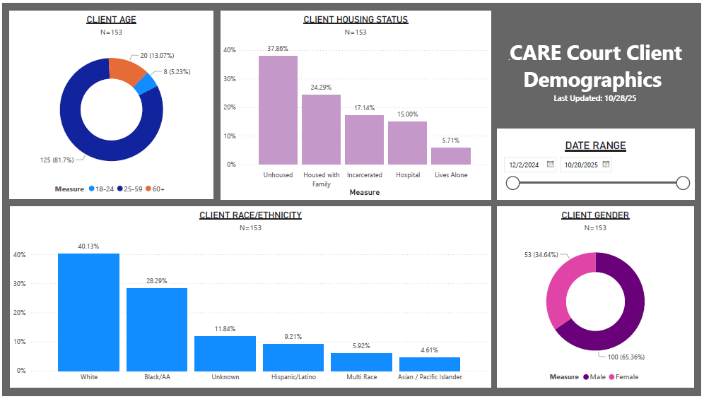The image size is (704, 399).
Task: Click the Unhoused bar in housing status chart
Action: tap(278, 109)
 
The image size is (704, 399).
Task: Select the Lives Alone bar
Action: tap(451, 155)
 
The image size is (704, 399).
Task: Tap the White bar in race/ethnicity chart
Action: tap(88, 311)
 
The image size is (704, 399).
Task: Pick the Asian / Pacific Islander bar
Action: tap(430, 364)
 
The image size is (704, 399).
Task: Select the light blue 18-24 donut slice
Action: tap(146, 84)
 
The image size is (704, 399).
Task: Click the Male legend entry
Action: tap(594, 377)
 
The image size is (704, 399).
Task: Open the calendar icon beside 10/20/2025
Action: tap(606, 165)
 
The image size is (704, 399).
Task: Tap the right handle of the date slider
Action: tap(683, 184)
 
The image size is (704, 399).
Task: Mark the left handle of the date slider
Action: tap(513, 184)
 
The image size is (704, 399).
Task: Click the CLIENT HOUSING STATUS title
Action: tap(356, 20)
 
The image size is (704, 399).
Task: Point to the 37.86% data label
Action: tap(278, 49)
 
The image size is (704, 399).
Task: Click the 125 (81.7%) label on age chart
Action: tap(56, 160)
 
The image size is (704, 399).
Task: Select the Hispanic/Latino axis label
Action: tap(293, 377)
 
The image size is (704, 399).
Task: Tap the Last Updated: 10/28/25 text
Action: tap(595, 98)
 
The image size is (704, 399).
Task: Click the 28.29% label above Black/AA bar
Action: tap(157, 280)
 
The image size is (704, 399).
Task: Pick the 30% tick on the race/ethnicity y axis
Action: tap(20, 284)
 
